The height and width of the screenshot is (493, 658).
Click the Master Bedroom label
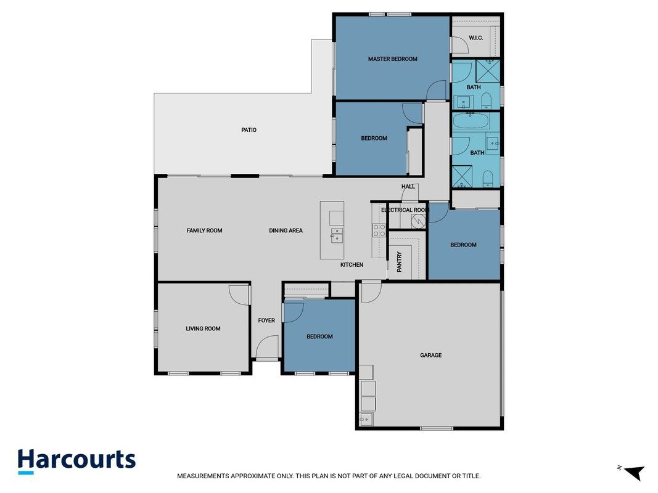tap(392, 59)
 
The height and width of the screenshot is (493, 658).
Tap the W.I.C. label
tap(476, 38)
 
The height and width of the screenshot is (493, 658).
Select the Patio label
tap(249, 130)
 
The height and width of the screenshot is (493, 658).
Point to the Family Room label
tap(204, 230)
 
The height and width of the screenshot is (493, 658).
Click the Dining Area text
tap(286, 230)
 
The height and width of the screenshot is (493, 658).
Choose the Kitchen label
tap(352, 264)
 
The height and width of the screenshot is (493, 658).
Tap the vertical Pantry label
tap(399, 261)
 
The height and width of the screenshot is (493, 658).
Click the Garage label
tap(431, 355)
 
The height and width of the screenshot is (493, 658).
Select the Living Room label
tap(203, 328)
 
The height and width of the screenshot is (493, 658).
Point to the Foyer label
tap(266, 320)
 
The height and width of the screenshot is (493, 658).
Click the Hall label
tap(408, 187)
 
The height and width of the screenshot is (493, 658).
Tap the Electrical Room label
tap(405, 210)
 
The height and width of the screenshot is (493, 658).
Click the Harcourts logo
tap(77, 461)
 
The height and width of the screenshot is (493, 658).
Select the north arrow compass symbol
tap(635, 472)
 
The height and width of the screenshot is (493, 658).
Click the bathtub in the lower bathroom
tap(471, 121)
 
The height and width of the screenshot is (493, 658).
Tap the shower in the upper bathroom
tap(488, 71)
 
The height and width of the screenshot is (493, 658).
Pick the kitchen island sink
tap(337, 235)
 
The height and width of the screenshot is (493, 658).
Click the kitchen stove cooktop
tap(379, 230)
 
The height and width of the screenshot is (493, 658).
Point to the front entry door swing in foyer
tap(267, 346)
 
